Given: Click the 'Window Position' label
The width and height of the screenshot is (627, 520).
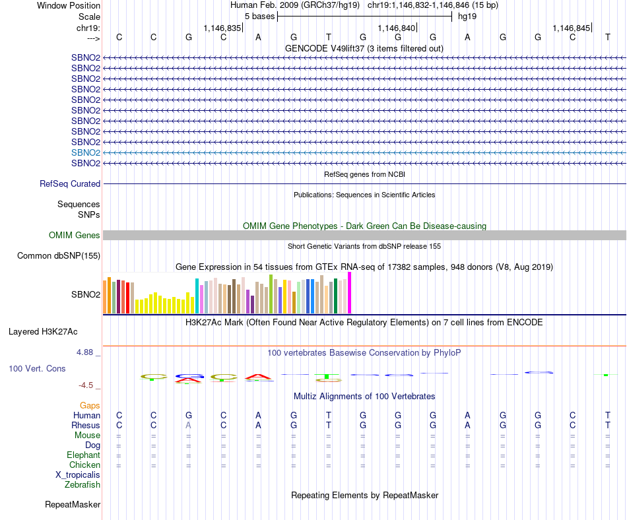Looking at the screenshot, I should click(69, 5).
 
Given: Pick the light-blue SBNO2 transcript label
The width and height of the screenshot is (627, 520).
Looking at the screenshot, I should click(86, 152).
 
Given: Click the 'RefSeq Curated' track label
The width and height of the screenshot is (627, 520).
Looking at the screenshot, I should click(70, 184).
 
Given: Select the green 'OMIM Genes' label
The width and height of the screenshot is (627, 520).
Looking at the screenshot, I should click(75, 236).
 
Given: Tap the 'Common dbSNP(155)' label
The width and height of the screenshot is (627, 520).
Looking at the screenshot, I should click(59, 256).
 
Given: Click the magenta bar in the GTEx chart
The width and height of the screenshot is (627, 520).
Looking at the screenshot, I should click(350, 293).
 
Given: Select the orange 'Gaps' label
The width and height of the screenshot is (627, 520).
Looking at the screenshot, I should click(90, 405).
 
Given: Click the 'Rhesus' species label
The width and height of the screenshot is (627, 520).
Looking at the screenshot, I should click(86, 426).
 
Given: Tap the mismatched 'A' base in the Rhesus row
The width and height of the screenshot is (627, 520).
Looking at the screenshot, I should click(189, 426).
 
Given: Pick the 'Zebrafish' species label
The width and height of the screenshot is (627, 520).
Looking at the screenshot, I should click(82, 485).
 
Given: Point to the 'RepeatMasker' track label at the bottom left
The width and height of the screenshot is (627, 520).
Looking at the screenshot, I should click(73, 505).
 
